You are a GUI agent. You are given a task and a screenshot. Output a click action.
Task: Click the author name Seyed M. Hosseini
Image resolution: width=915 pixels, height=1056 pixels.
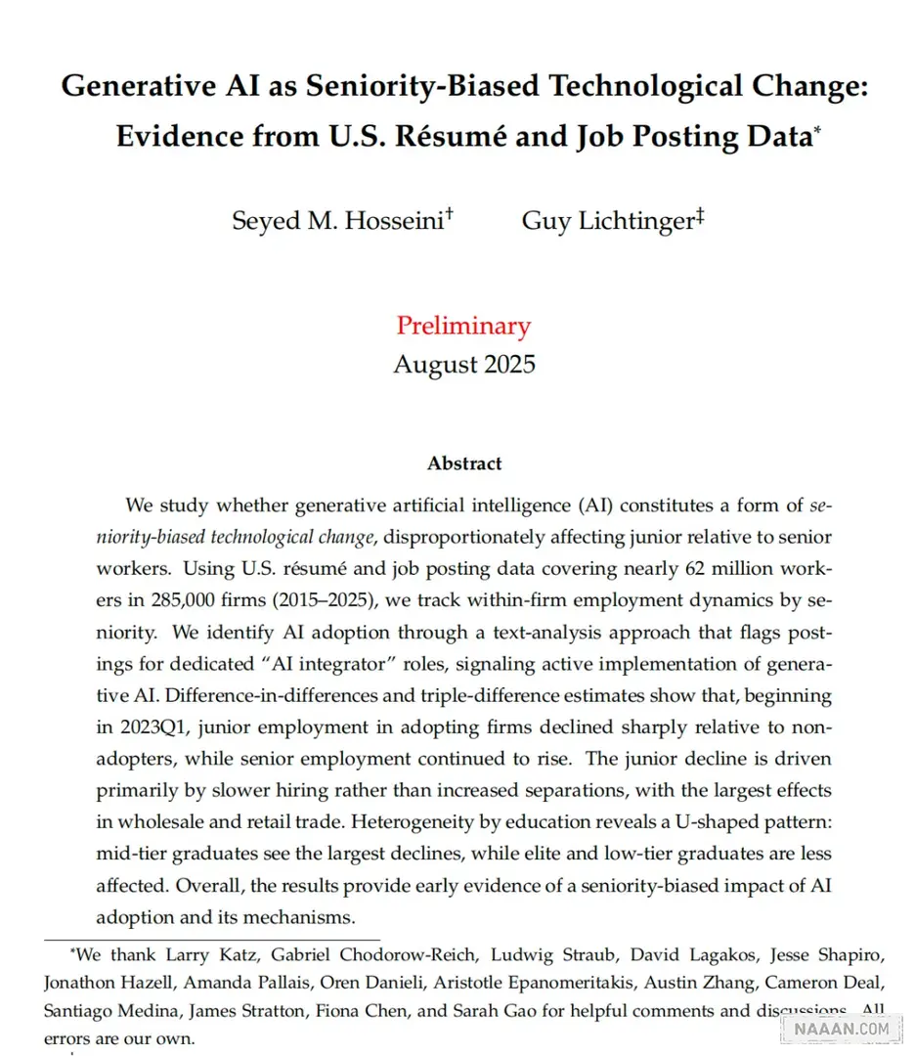[x=337, y=220]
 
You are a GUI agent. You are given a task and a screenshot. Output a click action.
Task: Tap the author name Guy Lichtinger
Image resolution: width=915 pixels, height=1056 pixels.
[x=607, y=220]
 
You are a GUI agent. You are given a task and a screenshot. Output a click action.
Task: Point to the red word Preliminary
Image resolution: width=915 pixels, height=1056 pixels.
[x=463, y=326]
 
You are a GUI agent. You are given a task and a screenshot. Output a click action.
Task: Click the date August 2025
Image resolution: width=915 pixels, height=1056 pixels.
[x=464, y=365]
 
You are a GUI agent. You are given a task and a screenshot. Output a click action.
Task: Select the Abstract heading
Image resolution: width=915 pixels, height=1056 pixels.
[x=464, y=463]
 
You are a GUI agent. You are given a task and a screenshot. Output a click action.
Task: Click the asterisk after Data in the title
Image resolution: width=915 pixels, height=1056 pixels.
[x=817, y=128]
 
